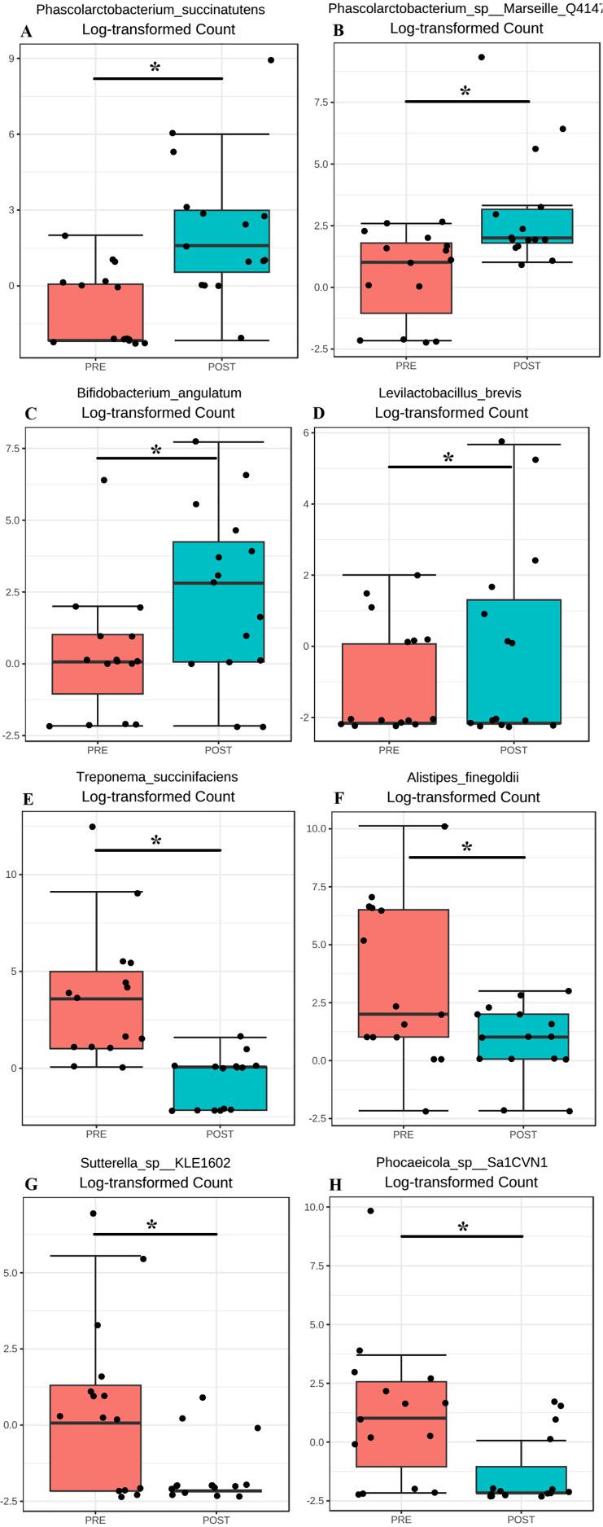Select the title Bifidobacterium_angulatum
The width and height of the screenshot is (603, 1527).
click(x=159, y=393)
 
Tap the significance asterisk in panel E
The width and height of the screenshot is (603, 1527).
click(x=156, y=840)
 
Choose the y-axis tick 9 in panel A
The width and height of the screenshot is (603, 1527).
click(x=33, y=59)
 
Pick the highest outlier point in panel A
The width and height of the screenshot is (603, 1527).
click(x=271, y=60)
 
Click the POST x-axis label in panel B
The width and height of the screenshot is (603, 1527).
click(x=527, y=366)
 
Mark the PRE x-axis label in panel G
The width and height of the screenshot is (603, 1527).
click(x=94, y=1520)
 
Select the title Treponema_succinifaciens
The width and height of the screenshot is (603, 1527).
click(x=157, y=777)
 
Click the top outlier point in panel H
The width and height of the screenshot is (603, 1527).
click(x=370, y=1211)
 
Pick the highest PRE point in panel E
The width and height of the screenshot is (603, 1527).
click(x=93, y=827)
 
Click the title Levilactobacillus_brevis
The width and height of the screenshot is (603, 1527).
click(x=450, y=393)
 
